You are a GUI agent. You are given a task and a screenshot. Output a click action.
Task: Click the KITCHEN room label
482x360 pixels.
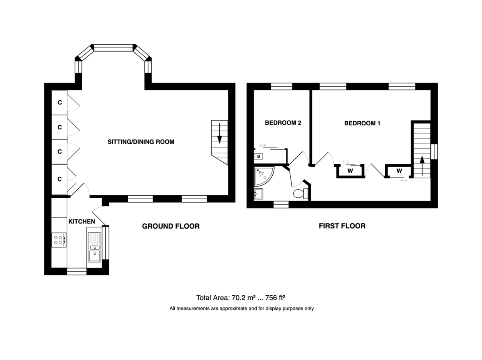82,221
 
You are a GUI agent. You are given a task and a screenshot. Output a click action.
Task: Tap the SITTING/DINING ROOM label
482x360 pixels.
141,142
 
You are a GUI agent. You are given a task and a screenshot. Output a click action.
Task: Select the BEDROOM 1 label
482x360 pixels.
362,123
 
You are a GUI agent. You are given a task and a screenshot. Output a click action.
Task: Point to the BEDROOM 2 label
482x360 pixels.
283,123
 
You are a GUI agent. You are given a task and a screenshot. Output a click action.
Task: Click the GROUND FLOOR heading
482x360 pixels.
171,226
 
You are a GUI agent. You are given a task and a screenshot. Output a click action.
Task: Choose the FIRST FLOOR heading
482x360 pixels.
342,226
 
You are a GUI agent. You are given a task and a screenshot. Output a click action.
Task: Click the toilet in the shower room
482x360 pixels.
301,193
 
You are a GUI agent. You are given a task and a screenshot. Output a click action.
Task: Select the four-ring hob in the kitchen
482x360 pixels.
59,240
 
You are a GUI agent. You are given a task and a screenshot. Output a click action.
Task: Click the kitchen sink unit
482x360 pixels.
95,247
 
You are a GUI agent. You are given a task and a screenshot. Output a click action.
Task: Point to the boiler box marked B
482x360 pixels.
259,156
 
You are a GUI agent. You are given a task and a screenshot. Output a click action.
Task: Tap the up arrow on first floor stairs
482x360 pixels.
422,166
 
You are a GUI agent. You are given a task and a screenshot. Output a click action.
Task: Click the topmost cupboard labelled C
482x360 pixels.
59,102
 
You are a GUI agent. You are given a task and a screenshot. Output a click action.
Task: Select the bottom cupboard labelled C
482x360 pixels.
59,179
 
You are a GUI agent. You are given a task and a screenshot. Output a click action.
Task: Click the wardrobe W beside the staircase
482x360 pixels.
399,171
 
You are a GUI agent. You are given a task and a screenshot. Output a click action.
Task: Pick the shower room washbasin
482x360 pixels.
258,194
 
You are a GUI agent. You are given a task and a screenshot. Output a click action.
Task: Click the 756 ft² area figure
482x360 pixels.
275,298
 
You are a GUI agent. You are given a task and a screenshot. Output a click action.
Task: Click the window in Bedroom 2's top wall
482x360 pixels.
282,86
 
